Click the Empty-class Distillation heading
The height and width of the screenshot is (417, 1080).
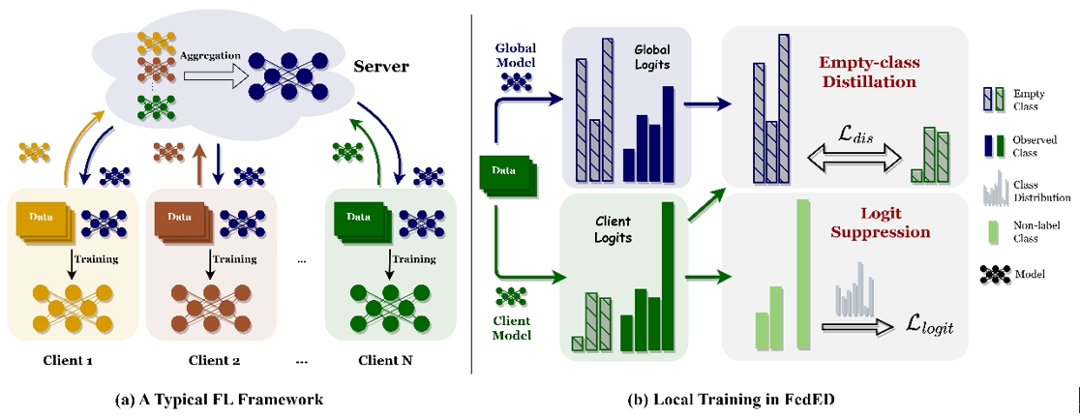coord(870,71)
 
